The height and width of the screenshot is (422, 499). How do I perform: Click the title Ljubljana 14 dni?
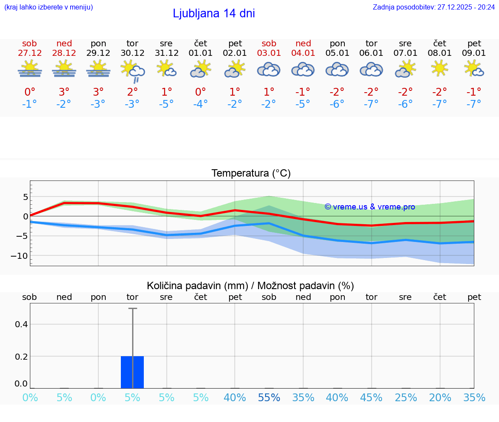click(x=214, y=13)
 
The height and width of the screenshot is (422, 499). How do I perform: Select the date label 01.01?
click(x=201, y=53)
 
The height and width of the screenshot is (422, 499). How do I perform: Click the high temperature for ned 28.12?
click(x=64, y=92)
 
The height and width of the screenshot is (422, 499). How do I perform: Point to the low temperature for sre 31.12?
click(x=166, y=104)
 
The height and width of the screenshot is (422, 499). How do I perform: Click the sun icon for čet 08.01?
click(x=440, y=68)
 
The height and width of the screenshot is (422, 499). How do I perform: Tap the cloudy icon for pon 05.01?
click(x=337, y=69)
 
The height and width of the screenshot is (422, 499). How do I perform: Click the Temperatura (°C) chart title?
click(x=251, y=174)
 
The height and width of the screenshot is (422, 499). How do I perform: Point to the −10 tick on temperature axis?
click(x=19, y=256)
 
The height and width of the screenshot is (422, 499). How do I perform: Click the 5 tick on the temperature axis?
click(x=25, y=197)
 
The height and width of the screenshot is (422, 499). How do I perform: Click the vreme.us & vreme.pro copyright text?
click(x=369, y=207)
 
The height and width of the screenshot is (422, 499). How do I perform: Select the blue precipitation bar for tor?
click(x=133, y=372)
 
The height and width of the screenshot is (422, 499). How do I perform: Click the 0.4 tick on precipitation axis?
click(x=21, y=324)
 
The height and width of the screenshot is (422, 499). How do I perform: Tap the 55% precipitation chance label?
click(x=269, y=397)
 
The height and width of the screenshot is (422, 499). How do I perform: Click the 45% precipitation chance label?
click(x=371, y=397)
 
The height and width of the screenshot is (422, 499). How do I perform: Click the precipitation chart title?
click(x=250, y=286)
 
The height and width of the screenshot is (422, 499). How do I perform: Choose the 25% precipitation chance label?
click(x=406, y=397)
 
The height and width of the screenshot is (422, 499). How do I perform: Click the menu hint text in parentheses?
click(x=48, y=7)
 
